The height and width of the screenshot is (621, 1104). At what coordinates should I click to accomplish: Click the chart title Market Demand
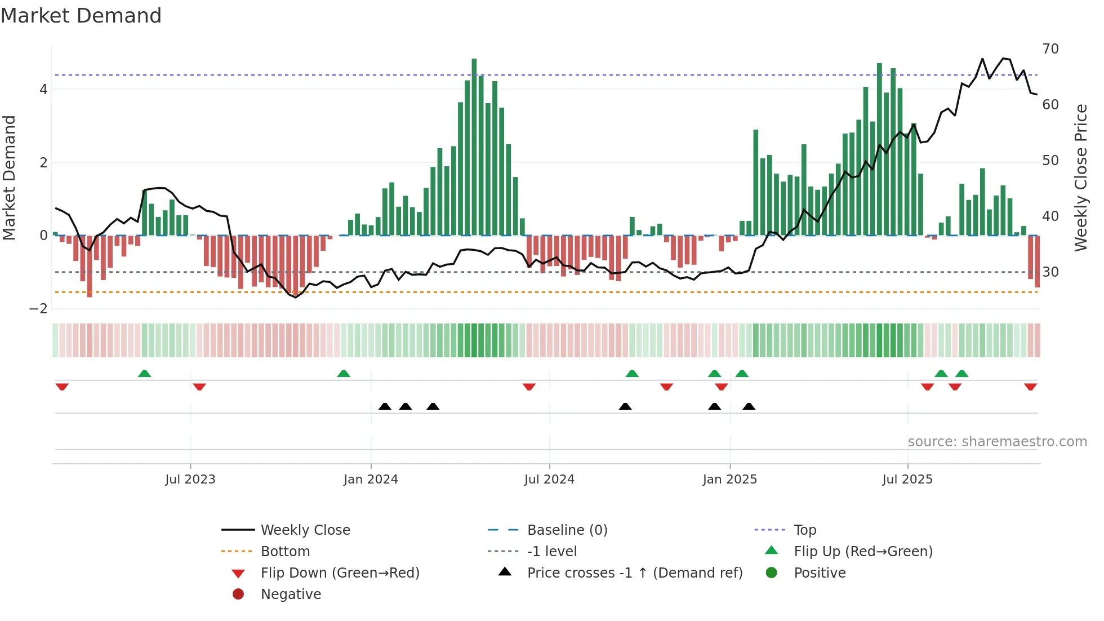pos(81,15)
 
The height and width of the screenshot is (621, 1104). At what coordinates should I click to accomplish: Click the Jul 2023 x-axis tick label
pos(190,480)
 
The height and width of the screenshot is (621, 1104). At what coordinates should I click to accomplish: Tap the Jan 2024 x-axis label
pos(371,480)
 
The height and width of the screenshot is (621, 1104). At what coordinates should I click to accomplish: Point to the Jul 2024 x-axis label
pos(549,480)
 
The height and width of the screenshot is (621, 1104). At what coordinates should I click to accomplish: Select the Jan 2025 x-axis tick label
pos(730,480)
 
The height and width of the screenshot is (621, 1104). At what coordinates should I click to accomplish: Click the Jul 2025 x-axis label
pos(907,480)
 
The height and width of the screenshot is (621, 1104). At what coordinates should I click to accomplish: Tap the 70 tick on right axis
pos(1050,49)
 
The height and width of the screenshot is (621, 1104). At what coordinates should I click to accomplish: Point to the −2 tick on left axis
pos(39,309)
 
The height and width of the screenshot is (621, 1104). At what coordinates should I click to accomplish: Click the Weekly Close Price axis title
pos(1081,178)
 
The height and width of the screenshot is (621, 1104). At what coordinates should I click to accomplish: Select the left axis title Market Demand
pos(9,178)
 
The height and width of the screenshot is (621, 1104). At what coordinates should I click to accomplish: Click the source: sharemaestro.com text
pos(997,442)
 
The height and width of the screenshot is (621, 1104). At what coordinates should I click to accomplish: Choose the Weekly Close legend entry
pos(305,530)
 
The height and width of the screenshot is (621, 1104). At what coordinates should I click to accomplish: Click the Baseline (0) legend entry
pos(567,530)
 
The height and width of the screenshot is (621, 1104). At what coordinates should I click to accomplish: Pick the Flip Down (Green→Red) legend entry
pos(340,573)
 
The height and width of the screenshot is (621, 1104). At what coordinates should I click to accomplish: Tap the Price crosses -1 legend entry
pos(634,573)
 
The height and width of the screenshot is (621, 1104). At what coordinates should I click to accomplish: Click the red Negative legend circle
pos(238,595)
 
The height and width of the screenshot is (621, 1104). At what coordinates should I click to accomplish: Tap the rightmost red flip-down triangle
pos(1030,387)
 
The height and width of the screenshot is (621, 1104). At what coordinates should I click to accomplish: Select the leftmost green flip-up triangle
pos(145,374)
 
